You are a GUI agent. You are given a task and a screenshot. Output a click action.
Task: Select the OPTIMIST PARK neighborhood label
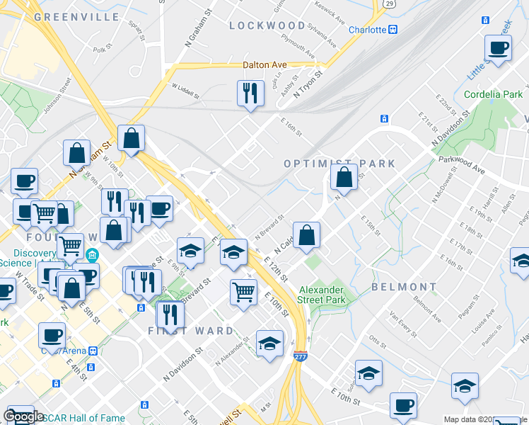click(x=339, y=164)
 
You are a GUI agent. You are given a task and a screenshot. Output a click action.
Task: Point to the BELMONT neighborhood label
click(x=404, y=287)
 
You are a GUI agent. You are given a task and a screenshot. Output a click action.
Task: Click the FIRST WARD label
click(x=190, y=331)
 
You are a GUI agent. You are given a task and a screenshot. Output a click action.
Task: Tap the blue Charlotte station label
click(x=368, y=30)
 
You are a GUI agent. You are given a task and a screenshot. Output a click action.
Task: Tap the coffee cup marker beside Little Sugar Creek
click(x=498, y=47)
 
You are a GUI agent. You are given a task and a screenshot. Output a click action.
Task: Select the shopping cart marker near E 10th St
click(x=243, y=291)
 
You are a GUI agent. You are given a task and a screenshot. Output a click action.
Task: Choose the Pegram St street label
click(x=467, y=310)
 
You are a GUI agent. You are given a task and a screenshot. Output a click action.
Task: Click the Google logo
click(x=23, y=416)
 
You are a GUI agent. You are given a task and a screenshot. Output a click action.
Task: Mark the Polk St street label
click(x=103, y=50)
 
